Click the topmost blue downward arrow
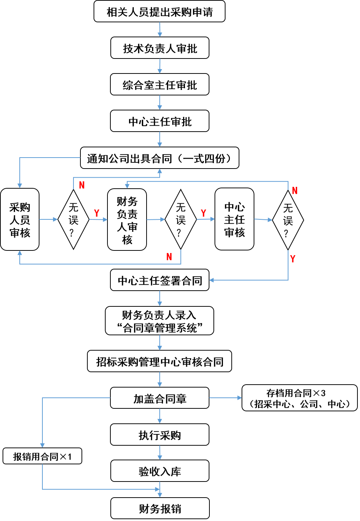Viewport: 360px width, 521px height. coord(160,30)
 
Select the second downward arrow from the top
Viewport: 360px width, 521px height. coord(160,66)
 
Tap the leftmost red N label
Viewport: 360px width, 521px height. coord(82,185)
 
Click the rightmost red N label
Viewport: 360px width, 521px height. coord(295,191)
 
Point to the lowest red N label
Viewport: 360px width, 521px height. coord(169,257)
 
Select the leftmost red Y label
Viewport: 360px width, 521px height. coord(96,213)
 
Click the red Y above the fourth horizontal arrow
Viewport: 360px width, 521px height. coord(204,213)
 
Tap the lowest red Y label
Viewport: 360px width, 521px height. coord(293,259)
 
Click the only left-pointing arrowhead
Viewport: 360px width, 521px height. coord(211,280)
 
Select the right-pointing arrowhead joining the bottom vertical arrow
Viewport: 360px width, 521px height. coord(157,489)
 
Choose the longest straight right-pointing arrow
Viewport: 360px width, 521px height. coord(225,398)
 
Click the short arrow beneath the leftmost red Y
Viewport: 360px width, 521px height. coord(98,219)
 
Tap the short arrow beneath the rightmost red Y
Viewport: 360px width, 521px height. coord(206,219)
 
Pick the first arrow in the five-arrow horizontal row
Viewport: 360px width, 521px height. coord(48,219)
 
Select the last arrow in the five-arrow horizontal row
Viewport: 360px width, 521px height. coord(263,220)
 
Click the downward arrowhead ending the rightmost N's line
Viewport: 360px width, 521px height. coord(127,186)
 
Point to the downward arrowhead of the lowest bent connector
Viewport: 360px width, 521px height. coord(42,445)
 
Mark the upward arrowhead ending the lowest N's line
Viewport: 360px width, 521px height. coord(20,253)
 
